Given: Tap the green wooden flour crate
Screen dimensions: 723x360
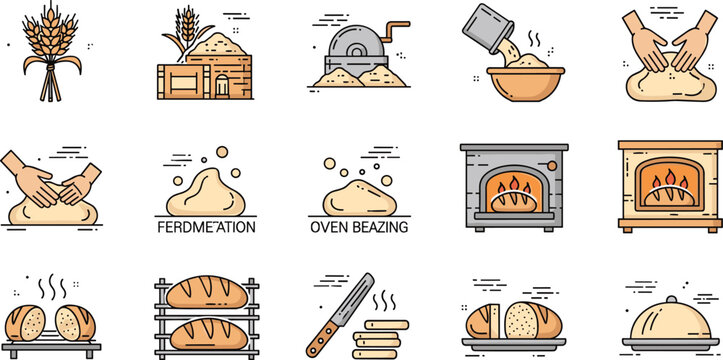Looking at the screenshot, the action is [184, 77].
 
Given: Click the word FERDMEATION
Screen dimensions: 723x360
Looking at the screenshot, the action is [206, 227].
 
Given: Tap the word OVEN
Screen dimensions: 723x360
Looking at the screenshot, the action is [336, 227].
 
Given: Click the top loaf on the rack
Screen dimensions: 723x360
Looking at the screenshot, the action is [206, 294].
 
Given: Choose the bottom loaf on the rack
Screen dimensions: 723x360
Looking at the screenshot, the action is [206, 332].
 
